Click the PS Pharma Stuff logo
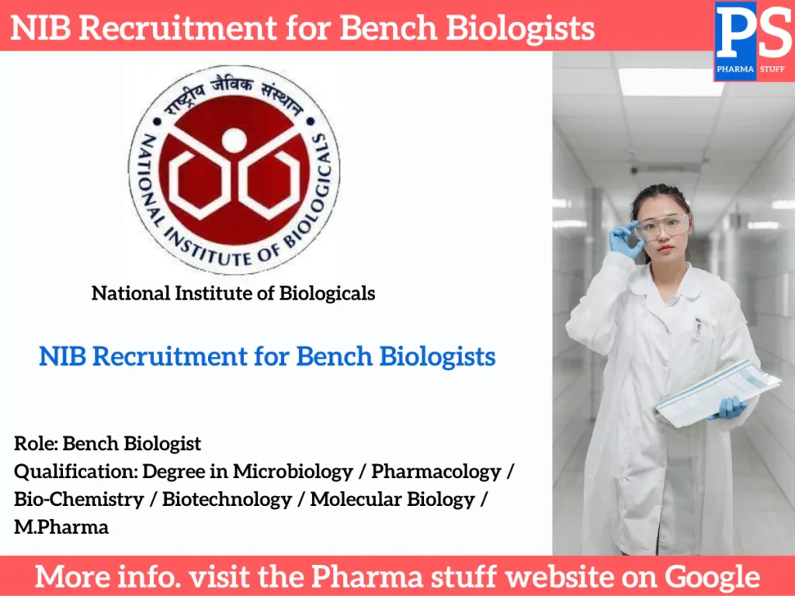tap(753, 40)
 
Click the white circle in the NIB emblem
tap(234, 140)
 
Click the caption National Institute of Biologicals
tap(233, 293)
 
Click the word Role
tap(35, 444)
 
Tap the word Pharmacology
tap(436, 471)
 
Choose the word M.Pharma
tap(61, 528)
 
